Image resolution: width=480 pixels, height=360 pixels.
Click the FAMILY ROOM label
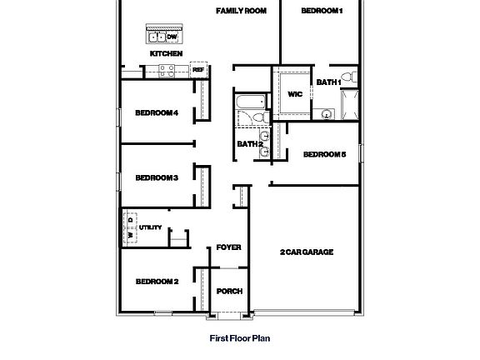pyautogui.click(x=241, y=11)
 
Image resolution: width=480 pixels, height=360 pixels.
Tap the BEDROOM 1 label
pyautogui.click(x=321, y=11)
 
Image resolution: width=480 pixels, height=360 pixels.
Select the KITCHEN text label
pyautogui.click(x=166, y=54)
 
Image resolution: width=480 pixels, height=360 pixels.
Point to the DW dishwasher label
pyautogui.click(x=172, y=37)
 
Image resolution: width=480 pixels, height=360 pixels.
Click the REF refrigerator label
pyautogui.click(x=198, y=70)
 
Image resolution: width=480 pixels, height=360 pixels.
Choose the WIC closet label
pyautogui.click(x=294, y=94)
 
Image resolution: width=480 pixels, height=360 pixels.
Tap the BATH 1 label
pyautogui.click(x=327, y=82)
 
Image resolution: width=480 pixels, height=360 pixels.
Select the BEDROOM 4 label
pyautogui.click(x=157, y=113)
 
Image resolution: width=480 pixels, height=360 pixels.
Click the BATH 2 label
pyautogui.click(x=250, y=144)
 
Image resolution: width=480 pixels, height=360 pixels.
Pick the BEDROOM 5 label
pyautogui.click(x=323, y=154)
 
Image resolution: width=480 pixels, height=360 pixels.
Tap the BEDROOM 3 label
pyautogui.click(x=157, y=177)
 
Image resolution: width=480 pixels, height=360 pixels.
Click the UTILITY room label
pyautogui.click(x=151, y=227)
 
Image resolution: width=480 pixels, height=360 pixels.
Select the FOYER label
pyautogui.click(x=228, y=247)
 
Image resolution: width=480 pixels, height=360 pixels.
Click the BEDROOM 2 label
pyautogui.click(x=157, y=282)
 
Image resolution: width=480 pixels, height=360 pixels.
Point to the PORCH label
pyautogui.click(x=229, y=291)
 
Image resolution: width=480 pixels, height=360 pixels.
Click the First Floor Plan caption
pyautogui.click(x=240, y=338)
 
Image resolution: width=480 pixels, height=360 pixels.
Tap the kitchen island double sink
pyautogui.click(x=157, y=37)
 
